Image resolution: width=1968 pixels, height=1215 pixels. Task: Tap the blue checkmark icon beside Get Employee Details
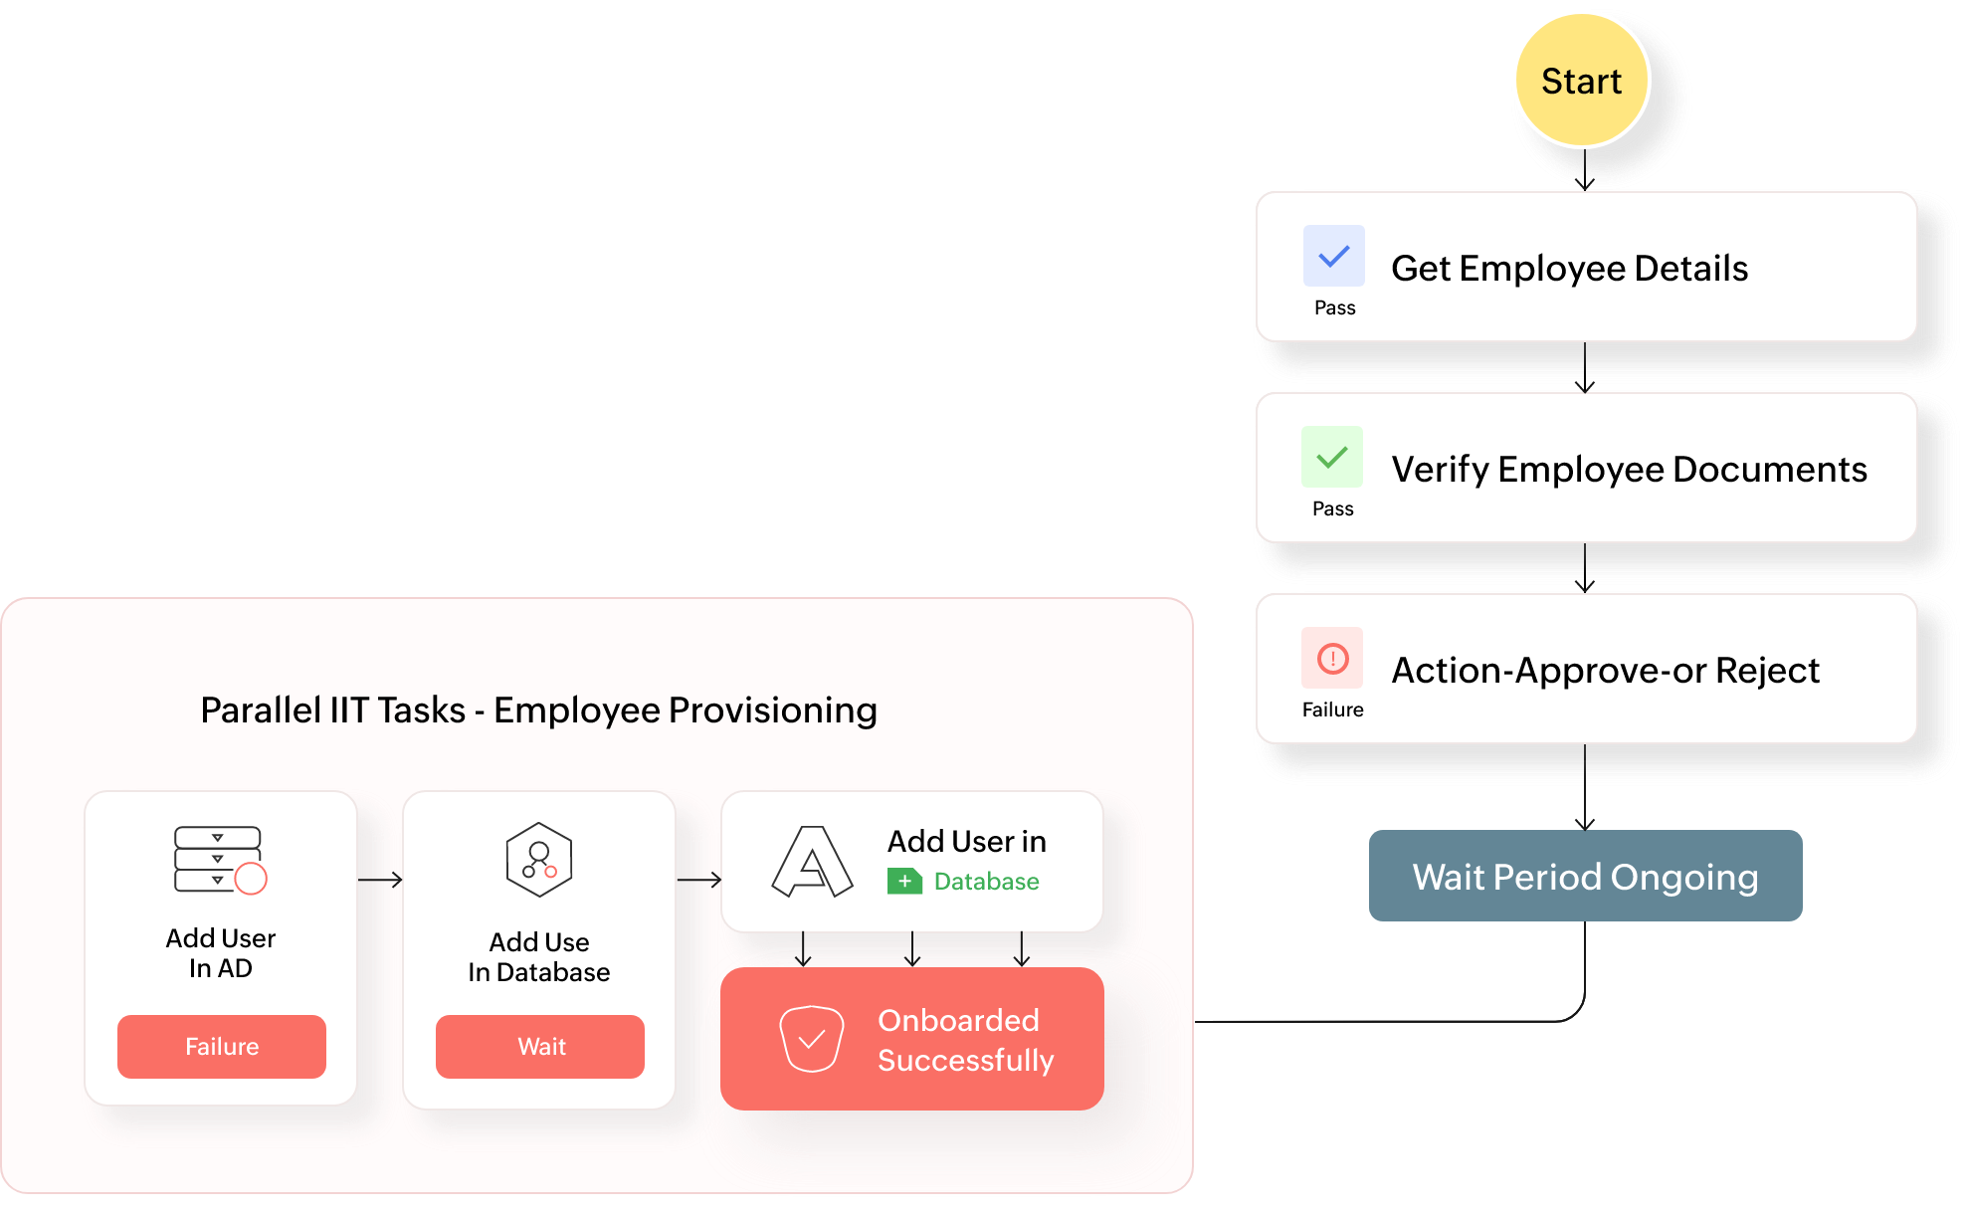click(1333, 257)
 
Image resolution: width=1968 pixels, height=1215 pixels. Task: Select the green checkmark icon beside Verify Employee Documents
click(1331, 458)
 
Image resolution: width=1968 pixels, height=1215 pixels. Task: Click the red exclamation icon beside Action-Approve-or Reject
click(1332, 658)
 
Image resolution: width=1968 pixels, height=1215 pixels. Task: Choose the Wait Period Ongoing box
click(1585, 876)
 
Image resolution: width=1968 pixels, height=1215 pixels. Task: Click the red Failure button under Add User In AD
click(221, 1046)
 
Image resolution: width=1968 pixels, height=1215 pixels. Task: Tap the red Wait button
click(539, 1046)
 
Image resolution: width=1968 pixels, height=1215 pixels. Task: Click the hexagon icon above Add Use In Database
click(538, 860)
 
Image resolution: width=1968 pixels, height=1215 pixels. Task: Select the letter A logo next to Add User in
click(812, 862)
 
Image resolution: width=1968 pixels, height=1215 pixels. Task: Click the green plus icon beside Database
click(904, 881)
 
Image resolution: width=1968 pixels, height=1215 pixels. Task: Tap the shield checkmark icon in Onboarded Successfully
click(811, 1038)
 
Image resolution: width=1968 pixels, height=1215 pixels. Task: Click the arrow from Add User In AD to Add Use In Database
click(379, 880)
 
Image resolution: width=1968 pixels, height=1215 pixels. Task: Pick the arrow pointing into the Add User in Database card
click(698, 880)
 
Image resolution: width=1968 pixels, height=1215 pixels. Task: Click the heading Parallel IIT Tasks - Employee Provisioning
click(538, 710)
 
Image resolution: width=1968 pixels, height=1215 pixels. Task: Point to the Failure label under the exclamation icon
click(1332, 709)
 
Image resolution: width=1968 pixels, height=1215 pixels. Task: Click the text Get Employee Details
click(1569, 269)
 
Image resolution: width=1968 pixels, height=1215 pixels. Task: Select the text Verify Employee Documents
click(1629, 470)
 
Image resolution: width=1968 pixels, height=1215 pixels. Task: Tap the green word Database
click(986, 882)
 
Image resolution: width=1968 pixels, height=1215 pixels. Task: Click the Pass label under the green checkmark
click(1332, 508)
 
